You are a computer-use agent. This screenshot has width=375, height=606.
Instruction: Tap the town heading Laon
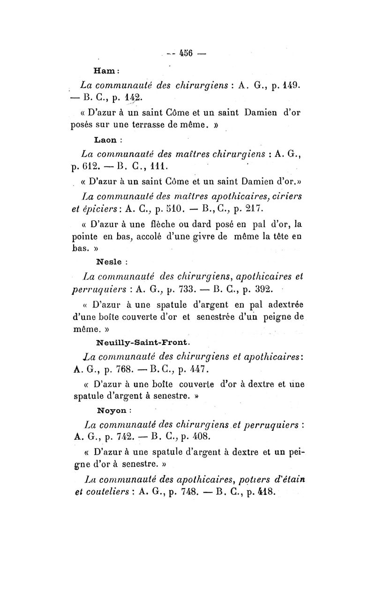pyautogui.click(x=108, y=140)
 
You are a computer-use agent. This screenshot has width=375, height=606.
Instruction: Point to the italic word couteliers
pyautogui.click(x=104, y=493)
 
